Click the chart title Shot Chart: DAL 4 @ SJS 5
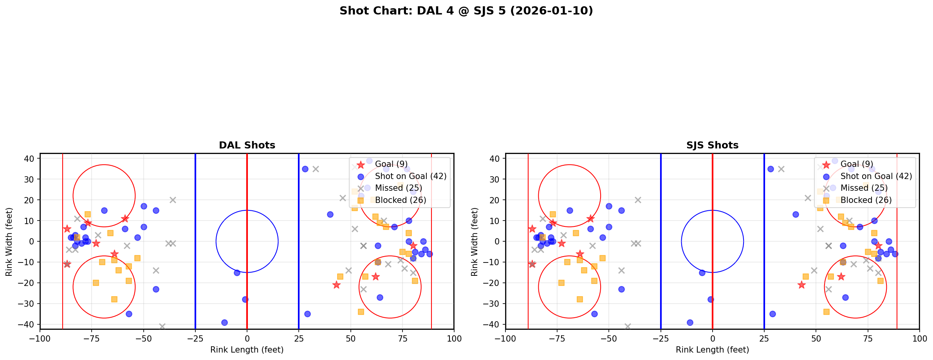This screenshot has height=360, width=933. [x=466, y=11]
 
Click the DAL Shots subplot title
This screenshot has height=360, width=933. [x=247, y=145]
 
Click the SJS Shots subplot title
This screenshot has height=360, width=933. [x=712, y=145]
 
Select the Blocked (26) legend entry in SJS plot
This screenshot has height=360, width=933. [x=866, y=200]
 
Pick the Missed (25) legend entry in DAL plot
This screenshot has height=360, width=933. [x=399, y=188]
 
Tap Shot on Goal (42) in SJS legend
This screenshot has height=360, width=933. [x=876, y=176]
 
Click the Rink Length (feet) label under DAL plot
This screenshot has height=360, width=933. [x=247, y=350]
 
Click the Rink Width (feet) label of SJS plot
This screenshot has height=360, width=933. [x=475, y=242]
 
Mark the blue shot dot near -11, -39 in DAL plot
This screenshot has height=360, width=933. [x=224, y=322]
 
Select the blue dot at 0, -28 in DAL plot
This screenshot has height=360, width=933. [x=245, y=299]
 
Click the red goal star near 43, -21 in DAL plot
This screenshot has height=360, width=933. [x=336, y=285]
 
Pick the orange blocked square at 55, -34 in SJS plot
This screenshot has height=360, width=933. [x=826, y=312]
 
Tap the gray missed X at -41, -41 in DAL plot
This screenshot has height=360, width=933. [x=162, y=326]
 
